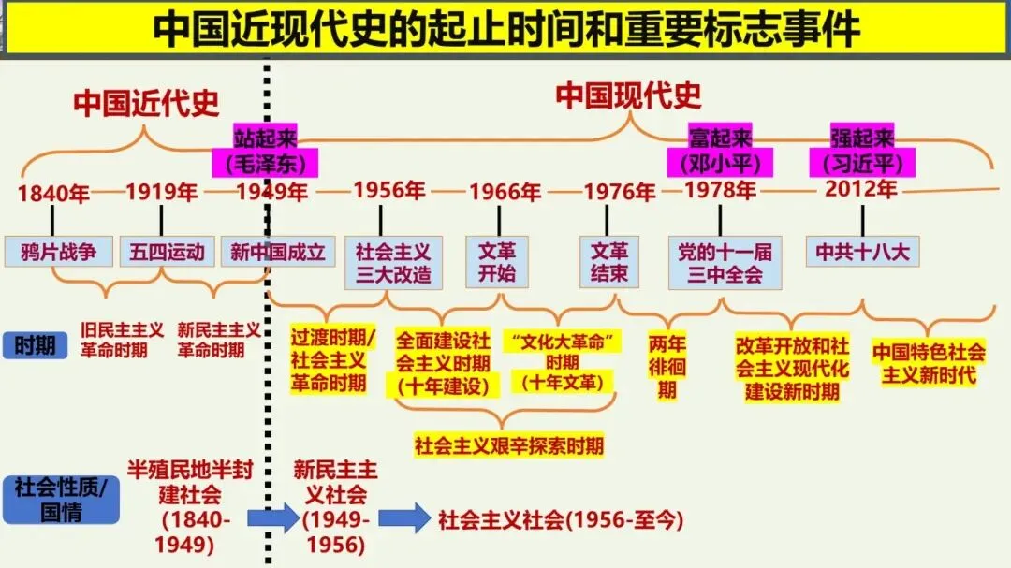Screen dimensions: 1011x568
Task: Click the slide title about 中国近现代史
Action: [x=505, y=30]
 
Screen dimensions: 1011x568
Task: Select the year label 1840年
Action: [x=53, y=194]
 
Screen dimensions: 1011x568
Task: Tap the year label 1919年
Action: [x=162, y=193]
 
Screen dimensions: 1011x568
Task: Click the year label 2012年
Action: [x=861, y=189]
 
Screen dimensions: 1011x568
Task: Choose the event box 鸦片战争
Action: [x=59, y=252]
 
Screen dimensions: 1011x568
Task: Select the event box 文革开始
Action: [x=497, y=263]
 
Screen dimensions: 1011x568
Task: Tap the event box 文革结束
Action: [x=609, y=263]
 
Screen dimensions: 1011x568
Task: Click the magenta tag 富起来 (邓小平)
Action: [x=721, y=151]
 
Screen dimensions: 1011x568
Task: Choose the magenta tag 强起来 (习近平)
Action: [x=862, y=150]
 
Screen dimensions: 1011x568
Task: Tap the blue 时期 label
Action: [x=35, y=345]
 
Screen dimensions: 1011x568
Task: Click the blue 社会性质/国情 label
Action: [x=61, y=500]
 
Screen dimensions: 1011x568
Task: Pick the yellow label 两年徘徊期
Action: [x=667, y=366]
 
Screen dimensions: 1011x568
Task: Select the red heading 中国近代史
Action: [x=146, y=103]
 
